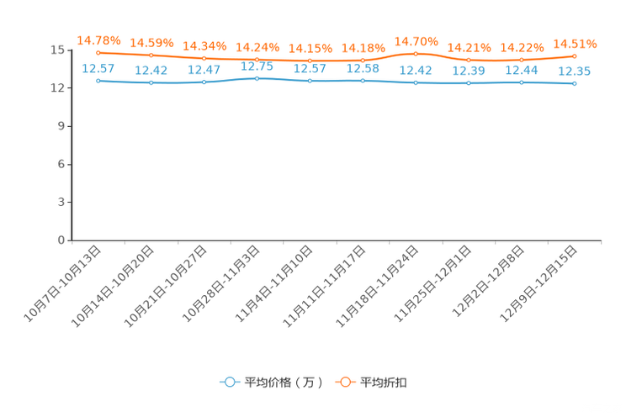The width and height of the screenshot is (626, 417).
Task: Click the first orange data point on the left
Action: coord(98,53)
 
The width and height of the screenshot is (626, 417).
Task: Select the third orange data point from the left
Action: coord(204,58)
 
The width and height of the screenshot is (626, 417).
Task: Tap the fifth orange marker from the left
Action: coord(310,61)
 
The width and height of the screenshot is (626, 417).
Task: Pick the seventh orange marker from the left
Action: coord(416,54)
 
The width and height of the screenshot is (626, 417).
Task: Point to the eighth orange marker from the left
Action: coord(469,60)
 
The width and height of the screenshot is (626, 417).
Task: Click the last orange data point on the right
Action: coord(575,55)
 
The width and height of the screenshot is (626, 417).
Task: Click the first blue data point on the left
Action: coord(98,81)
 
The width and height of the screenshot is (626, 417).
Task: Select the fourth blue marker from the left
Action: coord(257,78)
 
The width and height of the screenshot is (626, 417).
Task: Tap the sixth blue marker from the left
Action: coord(363,81)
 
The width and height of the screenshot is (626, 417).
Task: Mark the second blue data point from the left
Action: coord(151,83)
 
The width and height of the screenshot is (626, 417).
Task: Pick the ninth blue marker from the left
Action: coord(522,82)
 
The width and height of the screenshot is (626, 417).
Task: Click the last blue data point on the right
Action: coord(575,83)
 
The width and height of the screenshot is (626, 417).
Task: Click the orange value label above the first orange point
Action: coord(99,40)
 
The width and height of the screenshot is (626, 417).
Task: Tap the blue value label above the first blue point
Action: coord(98,68)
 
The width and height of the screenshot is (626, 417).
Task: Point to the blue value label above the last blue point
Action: coord(575,72)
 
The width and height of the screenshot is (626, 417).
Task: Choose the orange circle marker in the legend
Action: coord(344,382)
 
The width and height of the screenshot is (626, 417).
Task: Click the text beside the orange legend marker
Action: coord(385,383)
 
